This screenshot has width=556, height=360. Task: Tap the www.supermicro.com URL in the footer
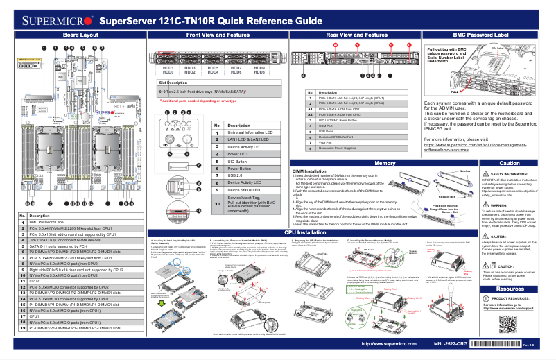pyautogui.click(x=389, y=343)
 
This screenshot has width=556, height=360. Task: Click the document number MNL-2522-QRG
pyautogui.click(x=451, y=343)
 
